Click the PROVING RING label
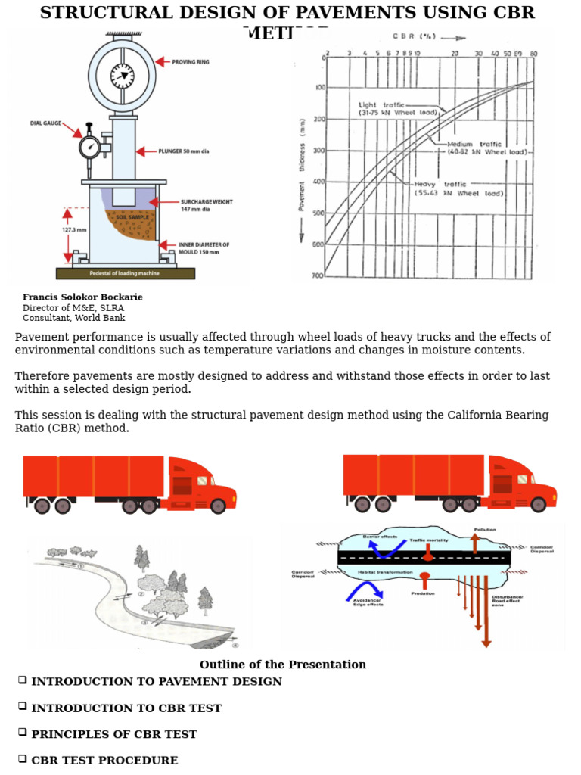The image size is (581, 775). pos(192,62)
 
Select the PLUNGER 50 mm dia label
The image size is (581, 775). pos(183,151)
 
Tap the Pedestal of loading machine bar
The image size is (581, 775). pos(126,273)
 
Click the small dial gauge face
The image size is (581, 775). pos(90,146)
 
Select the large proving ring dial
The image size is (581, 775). pos(122,75)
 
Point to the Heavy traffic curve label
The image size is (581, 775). pos(458,188)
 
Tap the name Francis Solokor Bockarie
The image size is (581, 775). pos(82,297)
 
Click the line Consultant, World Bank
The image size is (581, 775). pos(73,319)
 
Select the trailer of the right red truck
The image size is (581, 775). pos(413,475)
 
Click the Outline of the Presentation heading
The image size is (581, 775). pos(282,665)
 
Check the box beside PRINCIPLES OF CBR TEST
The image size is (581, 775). pos(23,733)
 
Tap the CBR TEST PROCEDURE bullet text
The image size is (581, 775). pos(104,761)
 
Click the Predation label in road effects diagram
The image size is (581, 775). pos(422,593)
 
